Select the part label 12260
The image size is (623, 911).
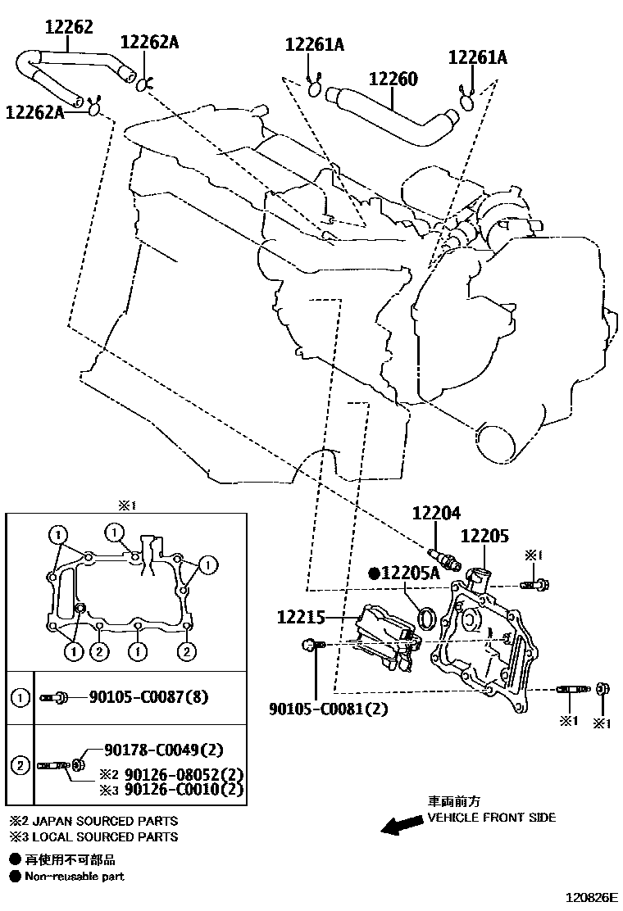click(393, 79)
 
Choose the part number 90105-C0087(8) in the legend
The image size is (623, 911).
click(149, 697)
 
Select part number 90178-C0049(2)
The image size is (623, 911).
click(164, 750)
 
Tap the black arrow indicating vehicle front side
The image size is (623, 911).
click(401, 826)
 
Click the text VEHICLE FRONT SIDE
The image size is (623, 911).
click(491, 817)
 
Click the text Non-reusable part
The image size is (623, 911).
click(75, 877)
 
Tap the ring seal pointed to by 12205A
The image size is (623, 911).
click(427, 617)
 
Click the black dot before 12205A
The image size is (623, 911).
click(373, 574)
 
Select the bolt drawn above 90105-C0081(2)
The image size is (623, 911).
click(313, 646)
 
